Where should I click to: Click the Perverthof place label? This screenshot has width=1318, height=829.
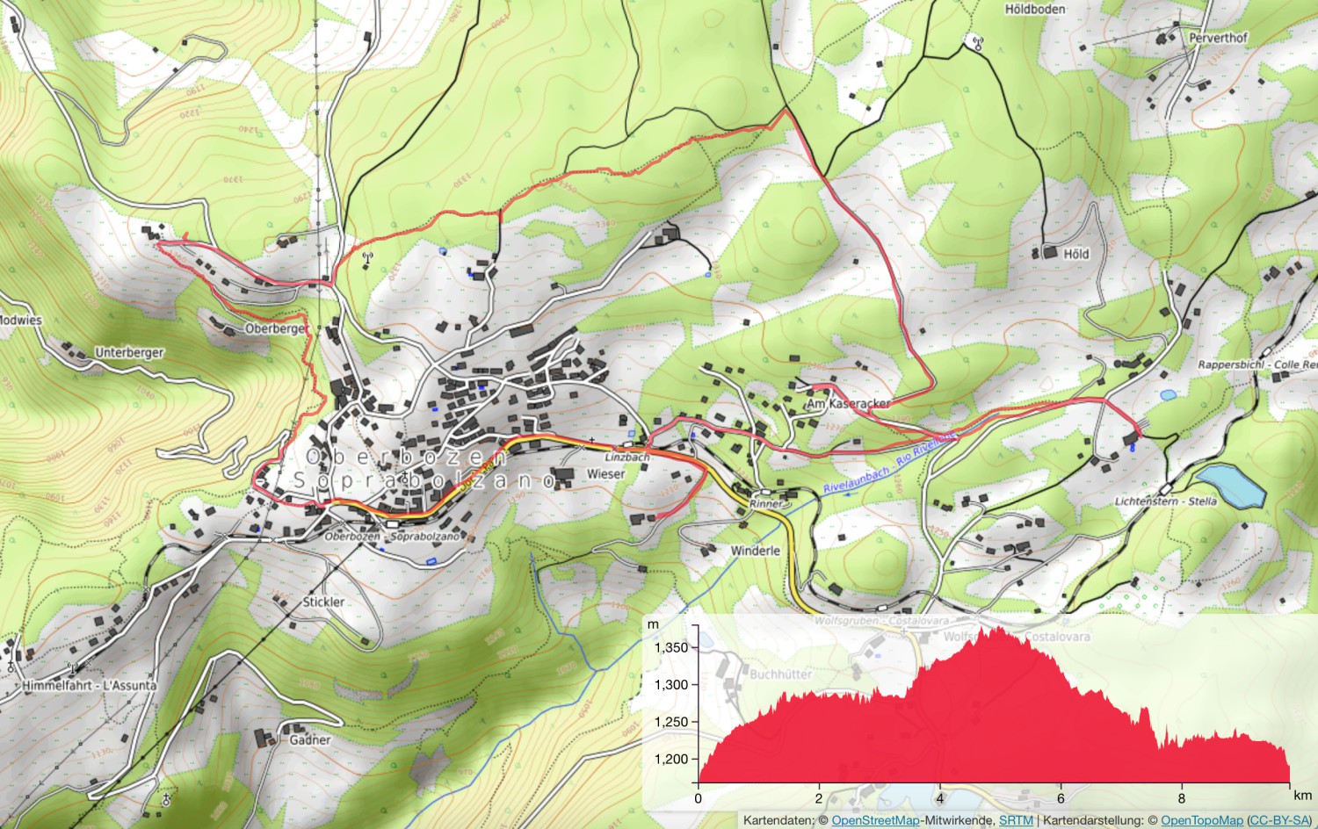pyautogui.click(x=1218, y=38)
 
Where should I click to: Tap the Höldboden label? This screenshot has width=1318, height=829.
pyautogui.click(x=1035, y=10)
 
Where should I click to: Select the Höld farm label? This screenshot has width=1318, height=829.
pyautogui.click(x=1075, y=254)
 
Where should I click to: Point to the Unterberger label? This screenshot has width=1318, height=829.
pyautogui.click(x=129, y=352)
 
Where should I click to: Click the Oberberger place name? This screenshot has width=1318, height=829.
pyautogui.click(x=276, y=328)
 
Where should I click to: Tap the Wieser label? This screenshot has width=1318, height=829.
pyautogui.click(x=605, y=474)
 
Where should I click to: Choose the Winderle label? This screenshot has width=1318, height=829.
pyautogui.click(x=755, y=551)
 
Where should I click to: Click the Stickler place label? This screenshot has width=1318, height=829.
pyautogui.click(x=323, y=602)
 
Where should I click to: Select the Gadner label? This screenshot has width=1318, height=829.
pyautogui.click(x=310, y=739)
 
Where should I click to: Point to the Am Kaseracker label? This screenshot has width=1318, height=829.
pyautogui.click(x=848, y=404)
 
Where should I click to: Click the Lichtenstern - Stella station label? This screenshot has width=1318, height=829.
pyautogui.click(x=1165, y=501)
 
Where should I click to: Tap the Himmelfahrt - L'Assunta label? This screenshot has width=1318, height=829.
pyautogui.click(x=90, y=685)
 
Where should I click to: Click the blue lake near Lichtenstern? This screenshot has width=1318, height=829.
pyautogui.click(x=1230, y=486)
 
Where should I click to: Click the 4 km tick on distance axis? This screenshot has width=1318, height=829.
pyautogui.click(x=939, y=798)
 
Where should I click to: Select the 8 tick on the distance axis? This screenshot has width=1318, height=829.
pyautogui.click(x=1181, y=798)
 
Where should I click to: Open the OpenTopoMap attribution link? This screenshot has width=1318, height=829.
pyautogui.click(x=1201, y=820)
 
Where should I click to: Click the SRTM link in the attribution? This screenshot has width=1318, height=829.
pyautogui.click(x=1016, y=820)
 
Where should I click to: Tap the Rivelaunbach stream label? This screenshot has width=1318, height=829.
pyautogui.click(x=857, y=481)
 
